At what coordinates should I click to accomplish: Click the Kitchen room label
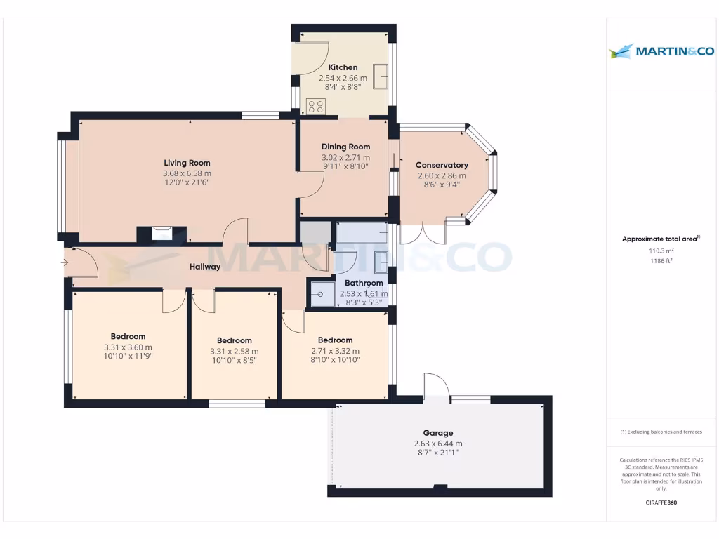click(x=343, y=67)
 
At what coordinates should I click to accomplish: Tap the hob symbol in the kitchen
click(x=316, y=107)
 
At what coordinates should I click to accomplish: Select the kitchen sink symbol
click(x=381, y=76)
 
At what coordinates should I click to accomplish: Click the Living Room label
click(x=187, y=163)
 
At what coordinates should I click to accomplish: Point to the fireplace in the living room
click(x=162, y=233)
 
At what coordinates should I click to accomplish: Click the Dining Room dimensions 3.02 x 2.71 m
click(x=345, y=158)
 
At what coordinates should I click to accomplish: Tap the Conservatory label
click(x=442, y=165)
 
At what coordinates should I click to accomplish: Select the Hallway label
click(x=205, y=267)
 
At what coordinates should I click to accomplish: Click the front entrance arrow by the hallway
click(x=65, y=263)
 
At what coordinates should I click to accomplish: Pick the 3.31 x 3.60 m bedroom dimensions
click(x=128, y=347)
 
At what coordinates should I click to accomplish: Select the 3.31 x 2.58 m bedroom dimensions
click(x=235, y=352)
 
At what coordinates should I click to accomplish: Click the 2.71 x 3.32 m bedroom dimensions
click(x=335, y=351)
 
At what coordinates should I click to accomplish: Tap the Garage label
click(x=438, y=433)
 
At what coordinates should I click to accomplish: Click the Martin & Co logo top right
click(x=662, y=51)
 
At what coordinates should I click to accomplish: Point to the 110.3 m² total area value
click(x=660, y=251)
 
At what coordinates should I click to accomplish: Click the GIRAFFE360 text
click(x=661, y=503)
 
